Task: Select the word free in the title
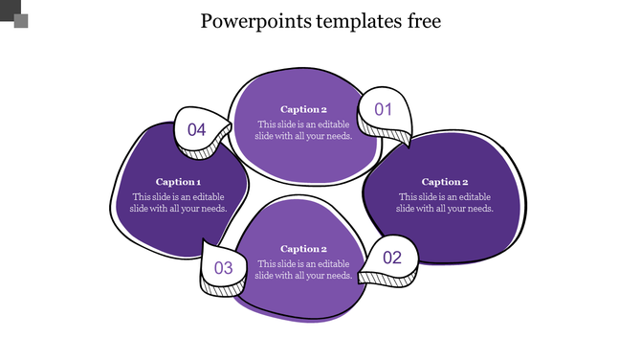coord(422,21)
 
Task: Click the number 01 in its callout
coord(384,109)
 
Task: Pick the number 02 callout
coord(392,258)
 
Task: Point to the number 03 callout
coord(223,268)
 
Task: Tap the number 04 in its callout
coord(197,129)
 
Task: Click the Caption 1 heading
coord(178,182)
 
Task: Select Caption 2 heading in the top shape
coord(303,109)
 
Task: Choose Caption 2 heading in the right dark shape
coord(445,182)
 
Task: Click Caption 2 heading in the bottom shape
coord(303,249)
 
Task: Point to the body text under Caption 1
coord(178,202)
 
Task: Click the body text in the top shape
coord(303,129)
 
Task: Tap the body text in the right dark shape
coord(445,202)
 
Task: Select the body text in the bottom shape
coord(303,269)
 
